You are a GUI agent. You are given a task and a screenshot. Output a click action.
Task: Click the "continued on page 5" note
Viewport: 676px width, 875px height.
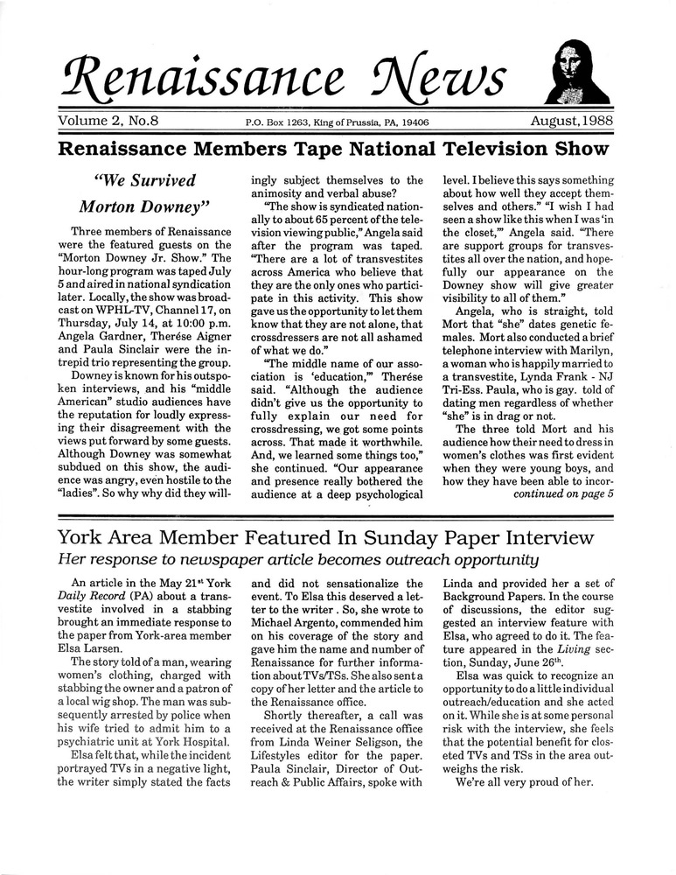tap(562, 494)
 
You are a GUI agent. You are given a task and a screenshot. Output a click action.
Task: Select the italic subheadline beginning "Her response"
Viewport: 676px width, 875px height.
tap(298, 560)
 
